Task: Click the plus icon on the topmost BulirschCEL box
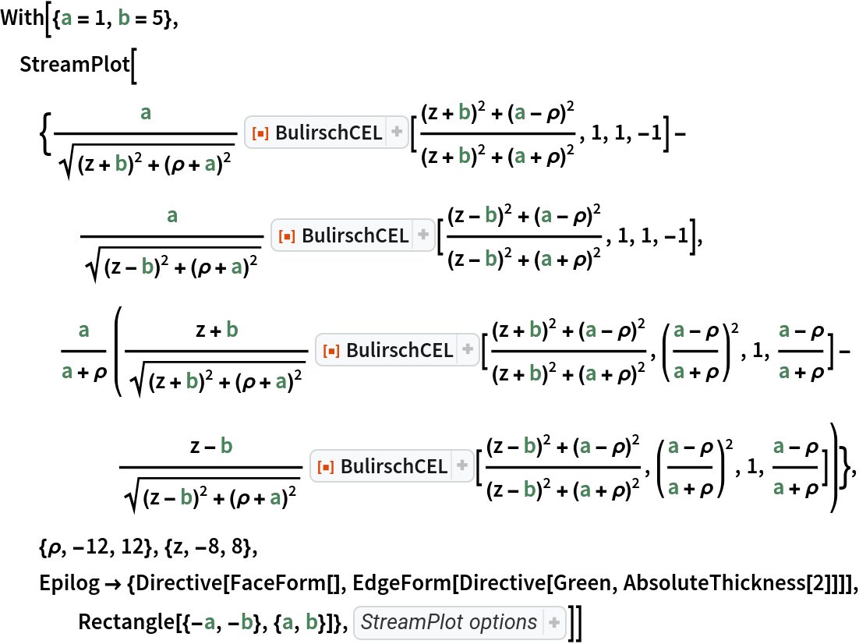397,133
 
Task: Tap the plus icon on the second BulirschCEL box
423,235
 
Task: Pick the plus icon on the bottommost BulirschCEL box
462,466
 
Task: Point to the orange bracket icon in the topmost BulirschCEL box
258,134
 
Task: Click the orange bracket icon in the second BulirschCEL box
285,236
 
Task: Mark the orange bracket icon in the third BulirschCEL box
329,352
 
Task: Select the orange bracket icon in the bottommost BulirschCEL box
323,467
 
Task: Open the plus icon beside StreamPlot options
554,622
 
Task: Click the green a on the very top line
66,18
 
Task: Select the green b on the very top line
123,18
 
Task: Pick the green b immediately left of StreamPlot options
312,622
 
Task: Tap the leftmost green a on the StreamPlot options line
209,622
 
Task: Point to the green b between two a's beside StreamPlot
247,622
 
